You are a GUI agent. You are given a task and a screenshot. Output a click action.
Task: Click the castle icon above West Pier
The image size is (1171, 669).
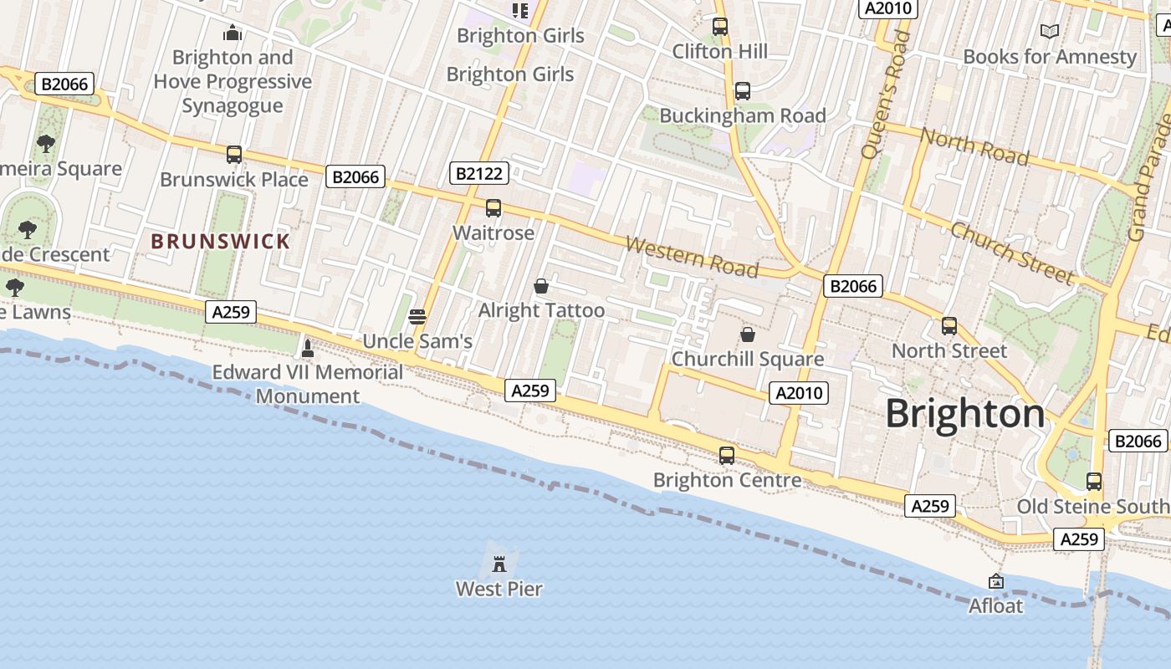(499, 563)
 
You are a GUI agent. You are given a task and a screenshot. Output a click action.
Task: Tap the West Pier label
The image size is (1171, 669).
(499, 589)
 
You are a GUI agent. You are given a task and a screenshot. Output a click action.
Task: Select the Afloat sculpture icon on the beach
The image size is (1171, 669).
(996, 580)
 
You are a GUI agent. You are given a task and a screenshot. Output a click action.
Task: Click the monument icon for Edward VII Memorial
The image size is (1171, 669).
(308, 348)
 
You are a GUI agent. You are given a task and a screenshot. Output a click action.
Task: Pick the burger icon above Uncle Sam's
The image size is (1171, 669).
(417, 317)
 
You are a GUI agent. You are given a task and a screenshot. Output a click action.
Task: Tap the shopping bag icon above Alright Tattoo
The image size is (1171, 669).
(541, 286)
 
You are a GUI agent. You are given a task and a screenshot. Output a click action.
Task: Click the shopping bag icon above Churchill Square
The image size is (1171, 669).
(748, 334)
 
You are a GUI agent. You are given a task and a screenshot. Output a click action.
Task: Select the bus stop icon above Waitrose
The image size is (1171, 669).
(493, 208)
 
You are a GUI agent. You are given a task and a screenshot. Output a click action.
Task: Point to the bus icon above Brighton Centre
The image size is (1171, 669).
(727, 456)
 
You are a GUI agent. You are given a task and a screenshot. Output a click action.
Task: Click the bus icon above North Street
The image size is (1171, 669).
(949, 326)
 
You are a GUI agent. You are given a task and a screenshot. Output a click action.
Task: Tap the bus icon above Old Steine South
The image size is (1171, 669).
(1094, 482)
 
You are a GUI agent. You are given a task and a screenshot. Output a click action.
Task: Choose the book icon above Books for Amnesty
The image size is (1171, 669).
(1050, 32)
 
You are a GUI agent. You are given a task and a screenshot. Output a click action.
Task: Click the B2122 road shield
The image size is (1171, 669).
(478, 173)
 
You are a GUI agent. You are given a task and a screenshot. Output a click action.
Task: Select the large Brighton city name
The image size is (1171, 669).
(965, 414)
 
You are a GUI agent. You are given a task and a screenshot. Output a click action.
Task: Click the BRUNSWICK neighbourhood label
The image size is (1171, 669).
(221, 242)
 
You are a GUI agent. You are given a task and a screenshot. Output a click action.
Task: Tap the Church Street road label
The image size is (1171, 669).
(1012, 253)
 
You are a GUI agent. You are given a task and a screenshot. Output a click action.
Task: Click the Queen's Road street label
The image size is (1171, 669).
(885, 94)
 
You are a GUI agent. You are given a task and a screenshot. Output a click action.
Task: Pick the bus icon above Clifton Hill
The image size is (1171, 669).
(720, 27)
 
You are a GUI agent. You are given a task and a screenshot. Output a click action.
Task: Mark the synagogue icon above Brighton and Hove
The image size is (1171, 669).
(233, 33)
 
